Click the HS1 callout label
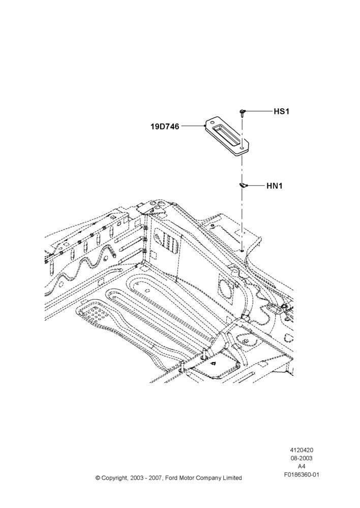[x=281, y=111]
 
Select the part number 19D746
[x=165, y=126]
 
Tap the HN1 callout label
[x=275, y=186]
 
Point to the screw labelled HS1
[x=243, y=112]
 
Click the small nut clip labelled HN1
[x=243, y=185]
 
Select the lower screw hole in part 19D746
[x=242, y=148]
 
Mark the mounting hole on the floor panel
[x=242, y=250]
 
